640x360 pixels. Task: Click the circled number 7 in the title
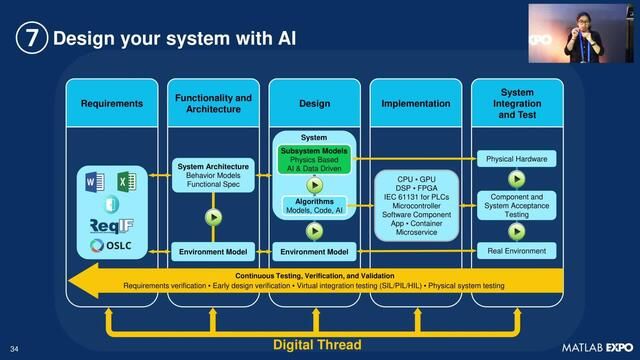point(30,39)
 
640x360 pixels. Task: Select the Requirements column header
point(112,104)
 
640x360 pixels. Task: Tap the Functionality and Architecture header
point(213,104)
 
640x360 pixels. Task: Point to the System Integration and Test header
point(516,104)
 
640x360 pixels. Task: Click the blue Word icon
point(96,183)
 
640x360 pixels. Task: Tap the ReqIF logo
point(112,224)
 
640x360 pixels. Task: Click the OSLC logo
point(112,245)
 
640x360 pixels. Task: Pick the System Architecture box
point(213,176)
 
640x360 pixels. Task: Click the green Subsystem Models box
point(314,158)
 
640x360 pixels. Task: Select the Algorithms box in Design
point(314,206)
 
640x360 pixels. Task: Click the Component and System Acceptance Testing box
point(516,205)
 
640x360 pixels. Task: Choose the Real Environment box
point(516,251)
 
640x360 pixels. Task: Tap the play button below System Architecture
point(213,216)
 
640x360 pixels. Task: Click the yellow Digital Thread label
point(318,345)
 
